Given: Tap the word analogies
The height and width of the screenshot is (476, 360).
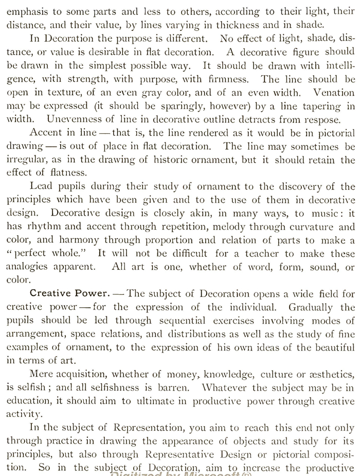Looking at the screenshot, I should point(28,267).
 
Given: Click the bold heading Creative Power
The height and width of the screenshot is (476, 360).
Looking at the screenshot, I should point(69,294).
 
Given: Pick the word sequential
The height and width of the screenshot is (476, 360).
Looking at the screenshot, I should point(170,321).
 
